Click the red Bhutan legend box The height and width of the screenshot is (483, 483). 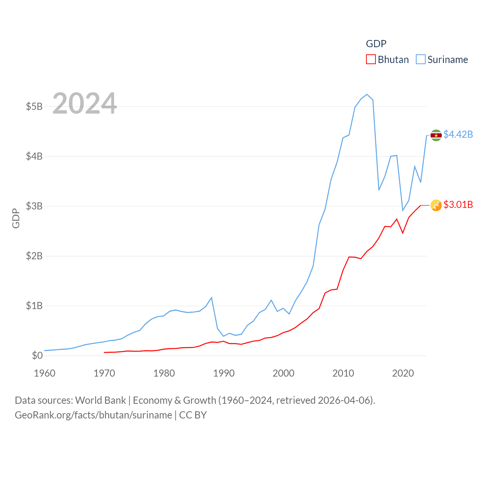coord(371,60)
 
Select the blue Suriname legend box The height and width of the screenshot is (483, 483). coord(420,60)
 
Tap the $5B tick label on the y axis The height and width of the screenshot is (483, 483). coord(34,106)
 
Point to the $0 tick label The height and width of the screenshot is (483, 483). coord(37,355)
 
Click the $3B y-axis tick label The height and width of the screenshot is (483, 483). coord(34,206)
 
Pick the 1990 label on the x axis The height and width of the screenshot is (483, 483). coord(224,373)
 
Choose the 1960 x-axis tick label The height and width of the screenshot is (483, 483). coord(45,373)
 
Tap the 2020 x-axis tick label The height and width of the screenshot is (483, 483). coord(403,373)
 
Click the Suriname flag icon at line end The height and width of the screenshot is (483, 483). coord(436,135)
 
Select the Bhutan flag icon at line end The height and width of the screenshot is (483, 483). coord(436,205)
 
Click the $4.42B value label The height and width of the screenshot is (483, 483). coord(458,134)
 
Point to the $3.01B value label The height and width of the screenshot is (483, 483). coord(458,205)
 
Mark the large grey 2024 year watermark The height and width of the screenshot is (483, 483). coord(85,103)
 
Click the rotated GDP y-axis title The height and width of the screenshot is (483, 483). coord(16,218)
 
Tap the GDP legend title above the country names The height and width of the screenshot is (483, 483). coord(376,44)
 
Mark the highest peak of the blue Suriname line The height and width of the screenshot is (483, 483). coord(367,94)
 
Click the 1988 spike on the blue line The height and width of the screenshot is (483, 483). coord(211,298)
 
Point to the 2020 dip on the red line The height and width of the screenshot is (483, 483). coord(403,233)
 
